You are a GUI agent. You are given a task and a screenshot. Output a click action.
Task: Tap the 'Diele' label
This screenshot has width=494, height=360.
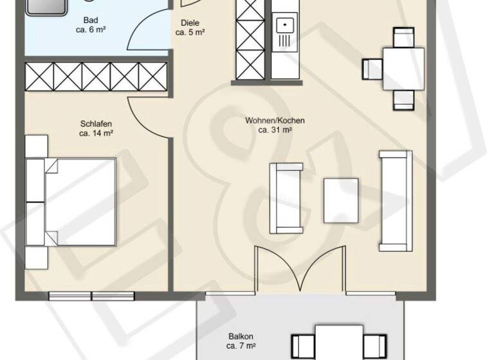[190, 22]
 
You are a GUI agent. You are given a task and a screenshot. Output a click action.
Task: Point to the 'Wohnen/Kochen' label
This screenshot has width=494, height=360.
[275, 120]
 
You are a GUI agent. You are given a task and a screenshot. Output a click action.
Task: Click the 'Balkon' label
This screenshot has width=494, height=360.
[240, 336]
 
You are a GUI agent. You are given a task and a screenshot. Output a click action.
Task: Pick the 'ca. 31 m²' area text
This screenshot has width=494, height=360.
[275, 130]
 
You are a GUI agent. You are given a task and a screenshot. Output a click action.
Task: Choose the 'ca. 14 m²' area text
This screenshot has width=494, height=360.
[96, 134]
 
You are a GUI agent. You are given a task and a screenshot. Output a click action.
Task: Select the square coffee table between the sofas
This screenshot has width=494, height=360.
[341, 200]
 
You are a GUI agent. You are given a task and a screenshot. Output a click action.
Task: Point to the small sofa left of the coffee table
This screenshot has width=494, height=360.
[285, 198]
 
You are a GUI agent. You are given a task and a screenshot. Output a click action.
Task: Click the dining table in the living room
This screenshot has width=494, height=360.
[404, 68]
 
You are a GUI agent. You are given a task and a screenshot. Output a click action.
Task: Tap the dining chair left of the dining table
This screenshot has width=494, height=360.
[373, 67]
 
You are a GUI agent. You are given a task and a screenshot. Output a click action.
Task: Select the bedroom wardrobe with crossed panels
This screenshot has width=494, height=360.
[96, 76]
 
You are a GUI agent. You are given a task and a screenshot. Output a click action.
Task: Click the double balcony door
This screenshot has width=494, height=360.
[298, 271]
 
